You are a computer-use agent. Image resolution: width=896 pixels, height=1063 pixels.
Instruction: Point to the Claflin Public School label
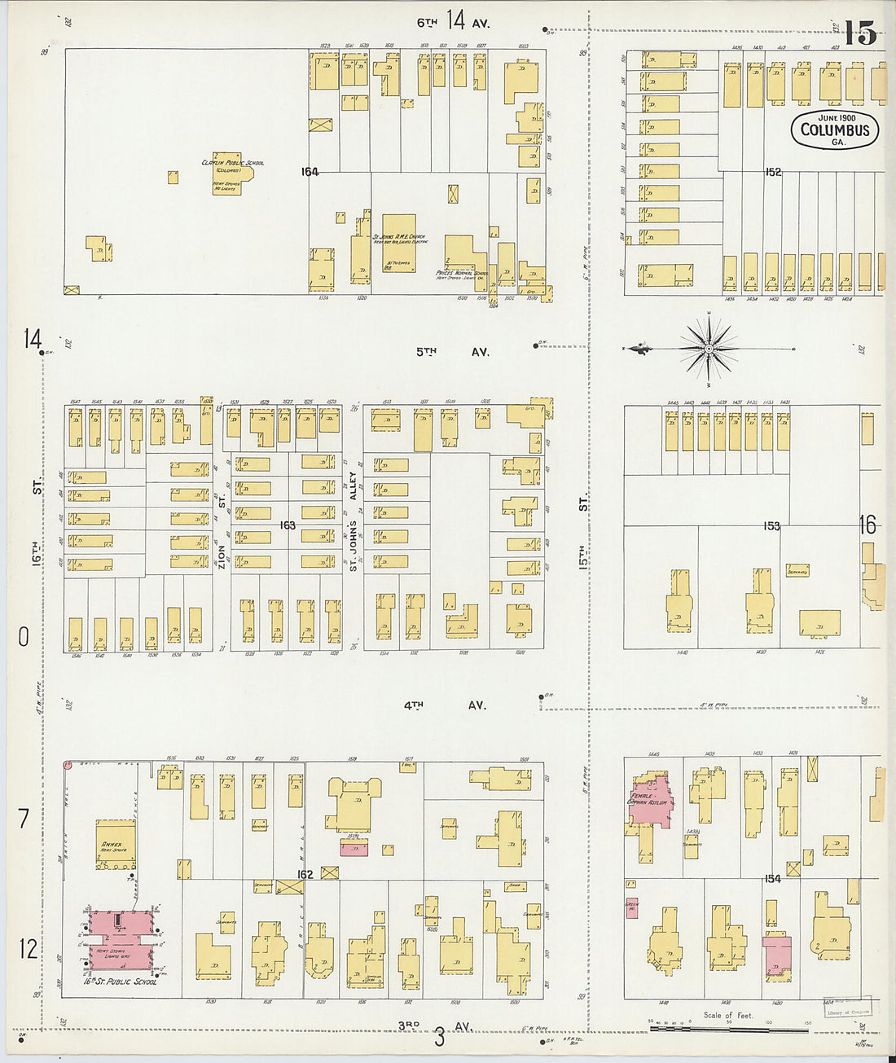232,163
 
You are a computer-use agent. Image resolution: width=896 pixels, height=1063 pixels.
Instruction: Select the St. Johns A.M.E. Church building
398,243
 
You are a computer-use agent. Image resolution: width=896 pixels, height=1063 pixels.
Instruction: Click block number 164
310,172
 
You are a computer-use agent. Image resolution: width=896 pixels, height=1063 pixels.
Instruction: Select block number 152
772,172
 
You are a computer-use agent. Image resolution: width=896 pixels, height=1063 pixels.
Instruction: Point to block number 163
287,525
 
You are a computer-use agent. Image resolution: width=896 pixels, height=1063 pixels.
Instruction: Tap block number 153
771,526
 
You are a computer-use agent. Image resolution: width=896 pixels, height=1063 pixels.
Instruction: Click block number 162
305,875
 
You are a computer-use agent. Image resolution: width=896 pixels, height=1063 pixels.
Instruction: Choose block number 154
772,878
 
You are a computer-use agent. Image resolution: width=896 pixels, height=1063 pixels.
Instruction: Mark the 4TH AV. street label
445,705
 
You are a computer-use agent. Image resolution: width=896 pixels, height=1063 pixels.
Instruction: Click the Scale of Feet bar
728,1029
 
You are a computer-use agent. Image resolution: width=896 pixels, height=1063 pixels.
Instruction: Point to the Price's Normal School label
462,274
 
